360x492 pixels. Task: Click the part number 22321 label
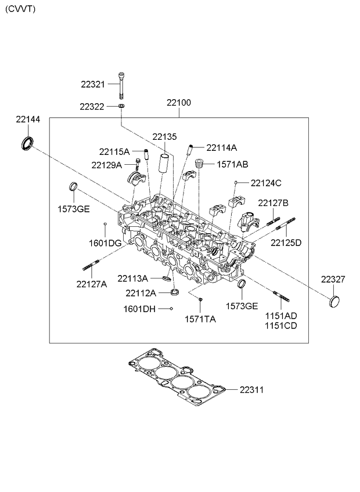(x=93, y=84)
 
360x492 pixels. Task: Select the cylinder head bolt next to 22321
(x=121, y=85)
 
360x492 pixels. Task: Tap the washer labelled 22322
(x=121, y=106)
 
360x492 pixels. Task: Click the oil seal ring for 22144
(x=27, y=143)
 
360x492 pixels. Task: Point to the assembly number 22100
(x=179, y=103)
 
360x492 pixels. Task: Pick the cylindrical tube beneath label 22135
(x=165, y=163)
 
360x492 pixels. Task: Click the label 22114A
(x=221, y=148)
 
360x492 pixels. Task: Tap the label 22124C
(x=266, y=183)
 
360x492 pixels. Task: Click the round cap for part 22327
(x=334, y=302)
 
